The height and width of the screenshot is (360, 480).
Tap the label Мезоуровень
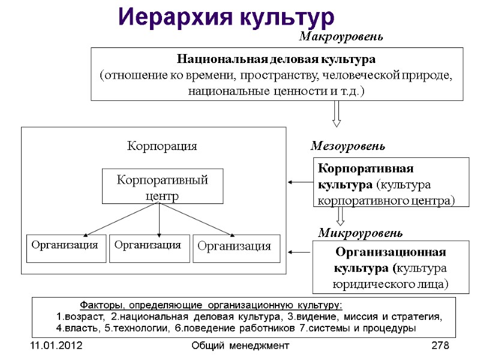pos(347,146)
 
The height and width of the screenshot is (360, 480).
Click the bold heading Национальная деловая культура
pos(276,60)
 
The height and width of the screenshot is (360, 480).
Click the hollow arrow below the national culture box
pos(337,114)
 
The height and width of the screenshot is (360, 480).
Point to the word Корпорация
pos(162,146)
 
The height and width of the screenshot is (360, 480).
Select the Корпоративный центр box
pos(162,187)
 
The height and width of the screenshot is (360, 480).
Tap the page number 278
pos(440,346)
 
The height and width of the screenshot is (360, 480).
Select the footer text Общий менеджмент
pos(240,346)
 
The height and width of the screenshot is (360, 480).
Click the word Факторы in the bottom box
pos(101,304)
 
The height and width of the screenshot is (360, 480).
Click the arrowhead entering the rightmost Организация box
pos(232,233)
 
